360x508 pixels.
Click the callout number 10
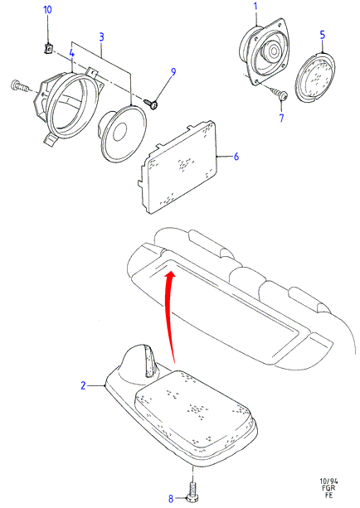click(47, 10)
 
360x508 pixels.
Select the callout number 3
click(101, 37)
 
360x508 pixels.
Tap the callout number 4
click(71, 54)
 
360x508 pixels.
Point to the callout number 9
click(173, 72)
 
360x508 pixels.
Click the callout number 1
click(255, 6)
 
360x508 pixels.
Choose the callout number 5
click(323, 35)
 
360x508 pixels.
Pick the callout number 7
click(281, 118)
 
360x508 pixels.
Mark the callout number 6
click(236, 157)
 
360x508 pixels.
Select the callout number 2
click(83, 385)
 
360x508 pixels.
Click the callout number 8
click(171, 499)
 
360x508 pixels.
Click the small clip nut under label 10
click(48, 49)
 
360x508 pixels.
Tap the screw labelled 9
click(151, 104)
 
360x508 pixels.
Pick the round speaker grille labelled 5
click(314, 77)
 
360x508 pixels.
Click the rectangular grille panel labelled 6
click(178, 167)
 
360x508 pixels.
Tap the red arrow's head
click(169, 276)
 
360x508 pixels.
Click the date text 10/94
click(328, 481)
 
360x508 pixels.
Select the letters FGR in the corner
click(328, 488)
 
